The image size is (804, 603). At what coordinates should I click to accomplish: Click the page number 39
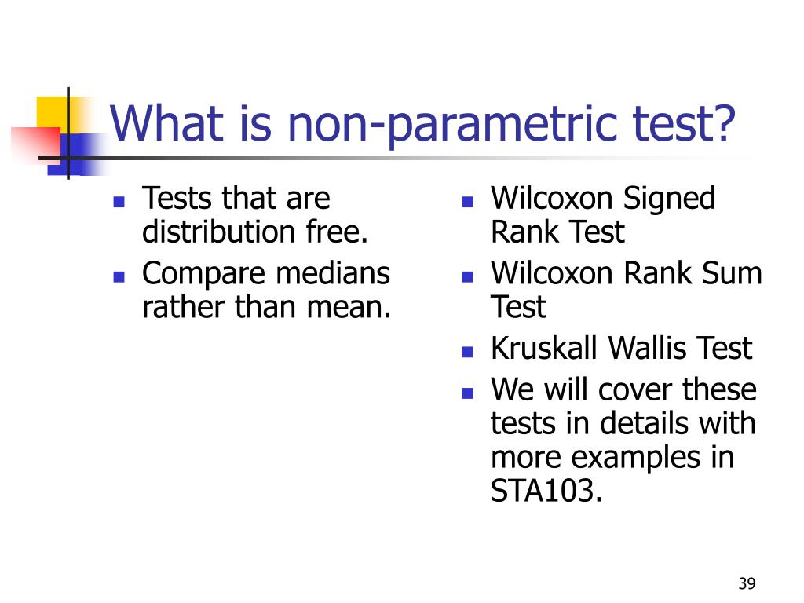click(x=747, y=583)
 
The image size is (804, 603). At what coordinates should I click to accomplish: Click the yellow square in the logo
click(x=52, y=113)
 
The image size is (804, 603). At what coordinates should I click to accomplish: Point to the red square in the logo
click(x=36, y=145)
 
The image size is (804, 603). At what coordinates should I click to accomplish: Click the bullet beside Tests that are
click(x=119, y=202)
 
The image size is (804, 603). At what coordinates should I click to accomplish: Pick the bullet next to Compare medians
click(x=119, y=277)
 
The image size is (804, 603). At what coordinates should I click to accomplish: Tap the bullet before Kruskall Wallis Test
click(x=467, y=352)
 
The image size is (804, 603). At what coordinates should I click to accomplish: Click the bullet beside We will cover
click(x=467, y=393)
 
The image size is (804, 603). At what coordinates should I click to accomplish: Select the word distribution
click(x=219, y=232)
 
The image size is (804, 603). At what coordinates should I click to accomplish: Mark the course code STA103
click(x=546, y=491)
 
